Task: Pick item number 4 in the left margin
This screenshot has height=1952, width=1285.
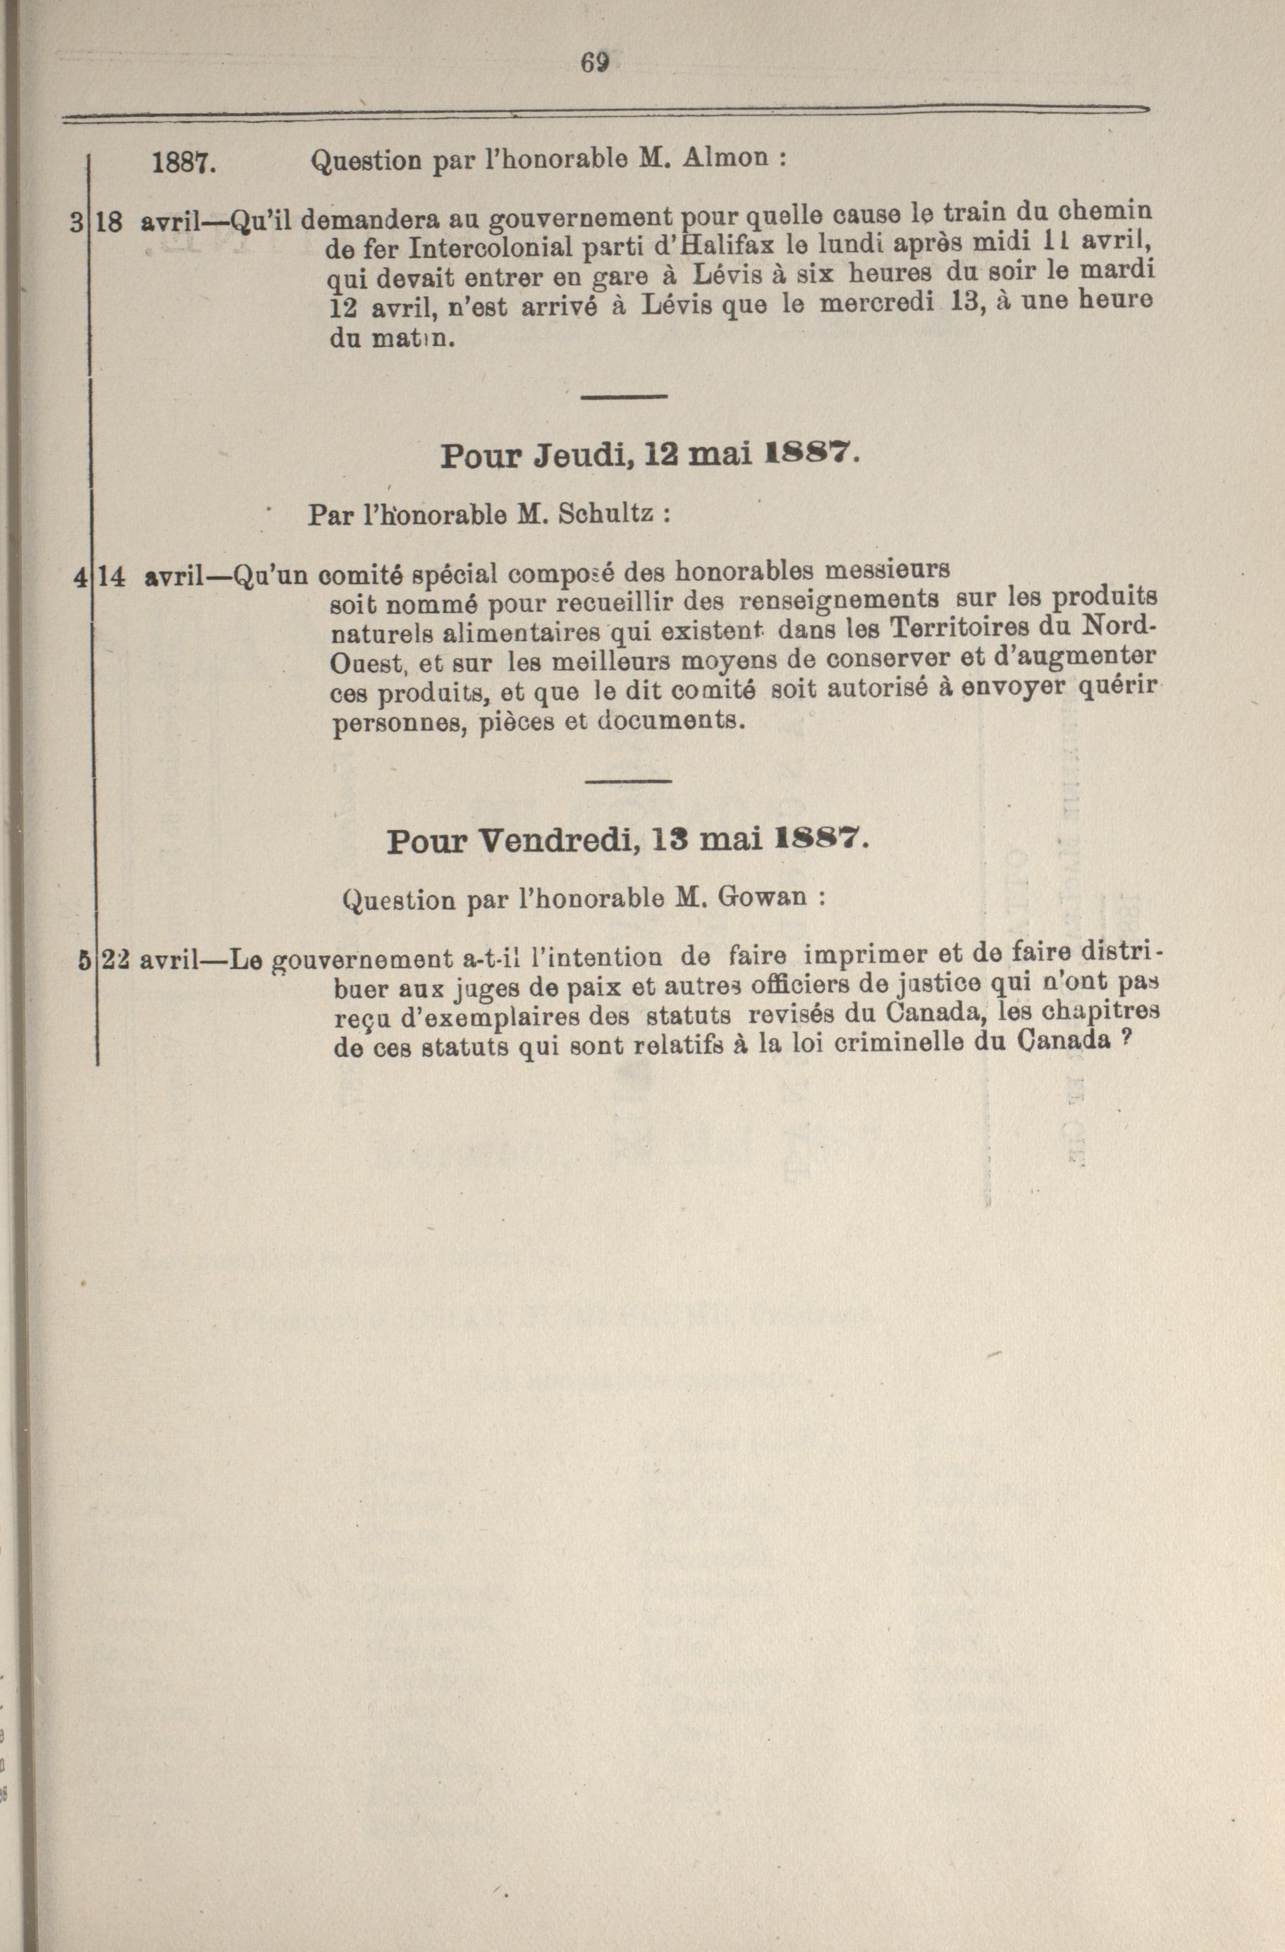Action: coord(78,577)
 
